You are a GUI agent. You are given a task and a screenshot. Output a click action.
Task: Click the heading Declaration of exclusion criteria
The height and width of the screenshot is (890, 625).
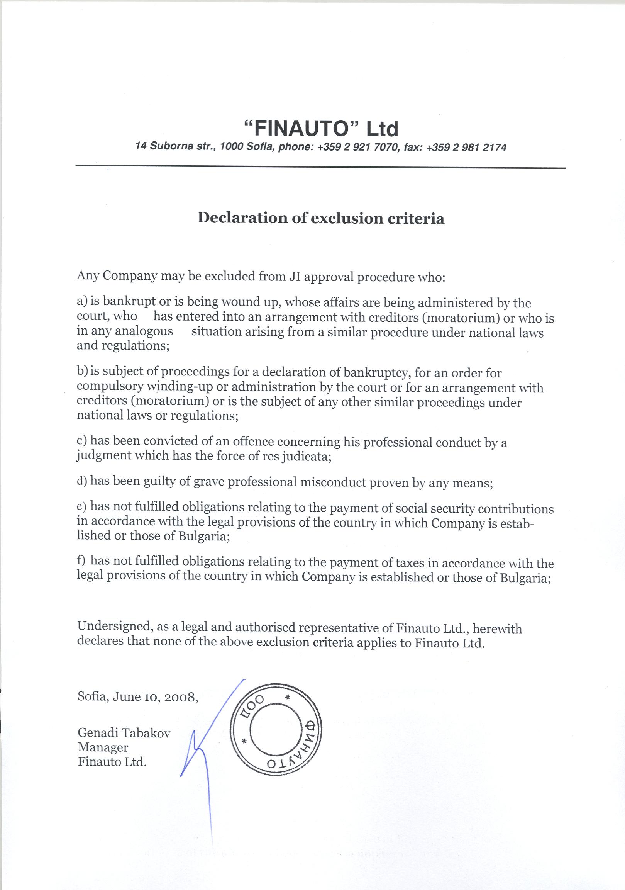click(x=321, y=218)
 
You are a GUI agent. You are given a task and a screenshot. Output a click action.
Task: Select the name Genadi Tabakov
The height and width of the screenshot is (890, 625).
click(x=124, y=733)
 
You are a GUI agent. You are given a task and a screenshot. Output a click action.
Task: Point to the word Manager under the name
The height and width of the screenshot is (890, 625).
click(x=103, y=747)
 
